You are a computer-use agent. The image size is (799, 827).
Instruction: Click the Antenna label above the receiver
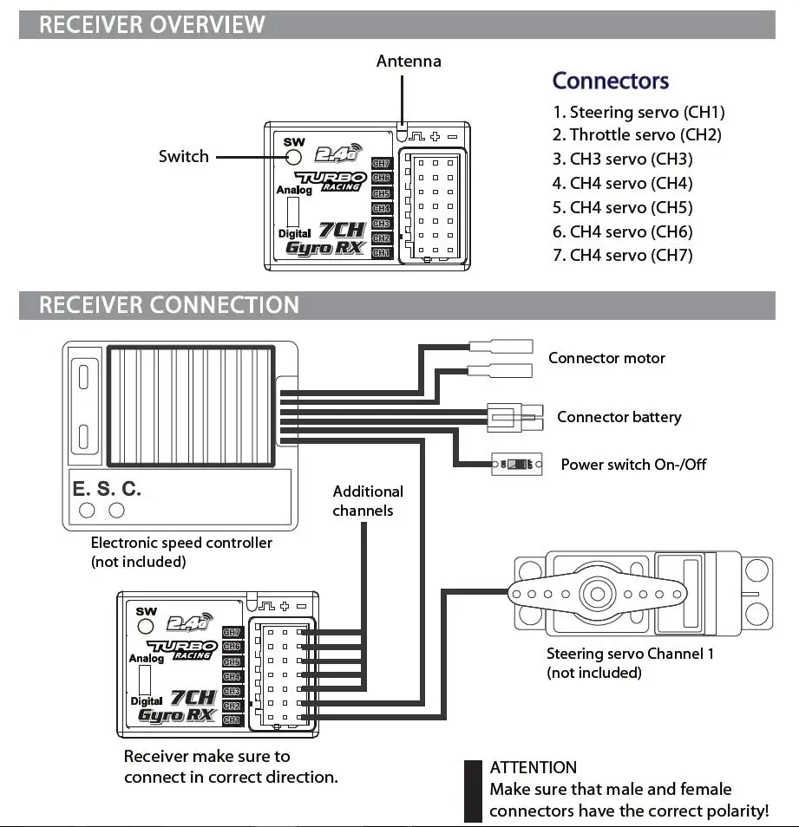tap(409, 62)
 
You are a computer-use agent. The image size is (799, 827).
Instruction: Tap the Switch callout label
tap(184, 156)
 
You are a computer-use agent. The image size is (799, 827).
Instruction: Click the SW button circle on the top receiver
tap(293, 157)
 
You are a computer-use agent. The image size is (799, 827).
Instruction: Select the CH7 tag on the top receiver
tap(381, 164)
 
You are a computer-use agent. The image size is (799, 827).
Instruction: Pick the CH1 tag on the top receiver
tap(381, 252)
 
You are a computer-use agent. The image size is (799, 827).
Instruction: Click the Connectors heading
tap(611, 81)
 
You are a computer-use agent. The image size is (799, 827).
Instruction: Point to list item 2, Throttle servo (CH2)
tap(637, 135)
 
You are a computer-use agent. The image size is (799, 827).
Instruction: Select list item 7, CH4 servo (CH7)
tap(623, 255)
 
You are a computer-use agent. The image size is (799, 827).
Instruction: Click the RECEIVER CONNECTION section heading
tap(169, 305)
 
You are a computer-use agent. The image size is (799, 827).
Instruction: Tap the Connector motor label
tap(607, 358)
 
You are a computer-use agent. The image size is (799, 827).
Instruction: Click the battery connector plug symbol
tap(515, 418)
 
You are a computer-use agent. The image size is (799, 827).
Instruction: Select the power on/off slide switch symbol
tap(517, 464)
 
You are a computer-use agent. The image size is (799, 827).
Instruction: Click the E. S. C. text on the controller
tap(107, 489)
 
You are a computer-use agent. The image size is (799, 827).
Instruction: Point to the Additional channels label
tap(368, 501)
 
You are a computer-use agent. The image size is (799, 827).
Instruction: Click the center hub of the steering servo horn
tap(598, 594)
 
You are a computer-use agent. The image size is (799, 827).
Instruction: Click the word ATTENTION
tap(533, 767)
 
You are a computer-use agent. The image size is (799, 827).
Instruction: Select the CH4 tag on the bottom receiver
tap(232, 676)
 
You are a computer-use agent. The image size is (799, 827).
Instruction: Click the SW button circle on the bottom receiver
tap(146, 626)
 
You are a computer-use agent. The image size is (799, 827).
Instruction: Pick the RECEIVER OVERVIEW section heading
tap(152, 24)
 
